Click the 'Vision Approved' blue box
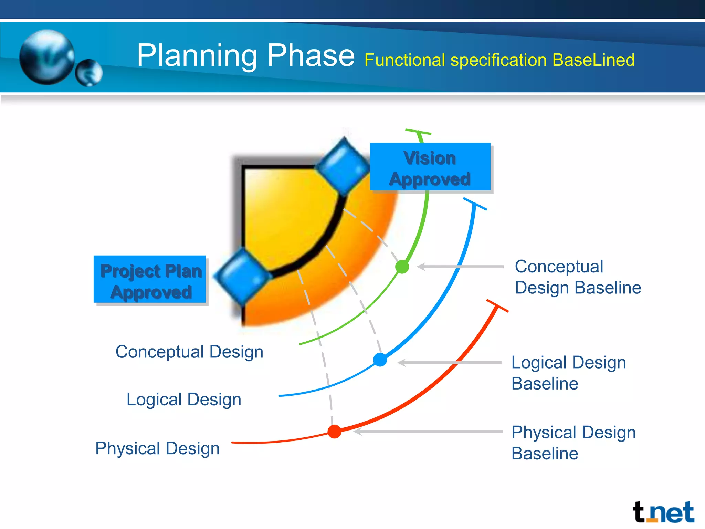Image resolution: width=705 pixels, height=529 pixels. (x=430, y=167)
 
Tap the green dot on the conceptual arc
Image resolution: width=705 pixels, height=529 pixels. (x=402, y=267)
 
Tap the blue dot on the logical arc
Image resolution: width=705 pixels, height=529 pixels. (x=380, y=360)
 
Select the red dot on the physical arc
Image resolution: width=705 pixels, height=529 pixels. (x=334, y=431)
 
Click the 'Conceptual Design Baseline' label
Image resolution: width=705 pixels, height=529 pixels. (x=577, y=277)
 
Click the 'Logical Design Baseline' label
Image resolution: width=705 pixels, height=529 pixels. (x=568, y=373)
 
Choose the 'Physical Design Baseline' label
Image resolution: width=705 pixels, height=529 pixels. (x=573, y=443)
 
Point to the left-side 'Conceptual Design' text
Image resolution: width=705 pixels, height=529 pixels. (x=189, y=352)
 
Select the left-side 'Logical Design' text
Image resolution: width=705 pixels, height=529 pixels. (x=184, y=400)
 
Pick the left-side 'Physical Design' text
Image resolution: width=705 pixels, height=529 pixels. (x=157, y=448)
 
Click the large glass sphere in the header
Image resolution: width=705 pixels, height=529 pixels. (x=47, y=57)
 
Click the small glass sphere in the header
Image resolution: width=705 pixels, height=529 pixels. (x=89, y=73)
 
